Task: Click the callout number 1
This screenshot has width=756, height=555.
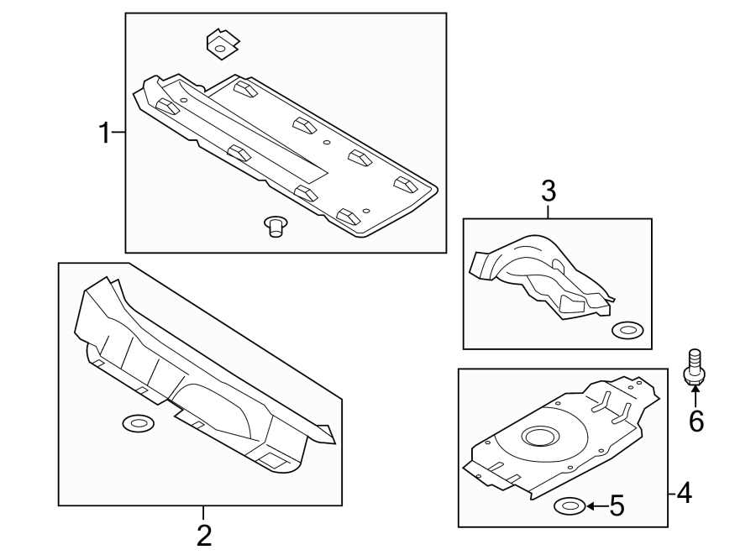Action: tap(105, 133)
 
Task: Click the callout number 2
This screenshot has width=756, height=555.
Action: tap(203, 534)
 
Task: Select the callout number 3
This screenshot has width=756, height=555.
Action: tap(549, 191)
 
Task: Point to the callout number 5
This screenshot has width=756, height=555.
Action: tap(616, 505)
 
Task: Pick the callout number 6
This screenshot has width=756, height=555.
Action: tap(696, 420)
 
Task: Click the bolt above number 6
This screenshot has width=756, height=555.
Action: tap(694, 369)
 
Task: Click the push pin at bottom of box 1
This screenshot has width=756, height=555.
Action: tap(274, 226)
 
